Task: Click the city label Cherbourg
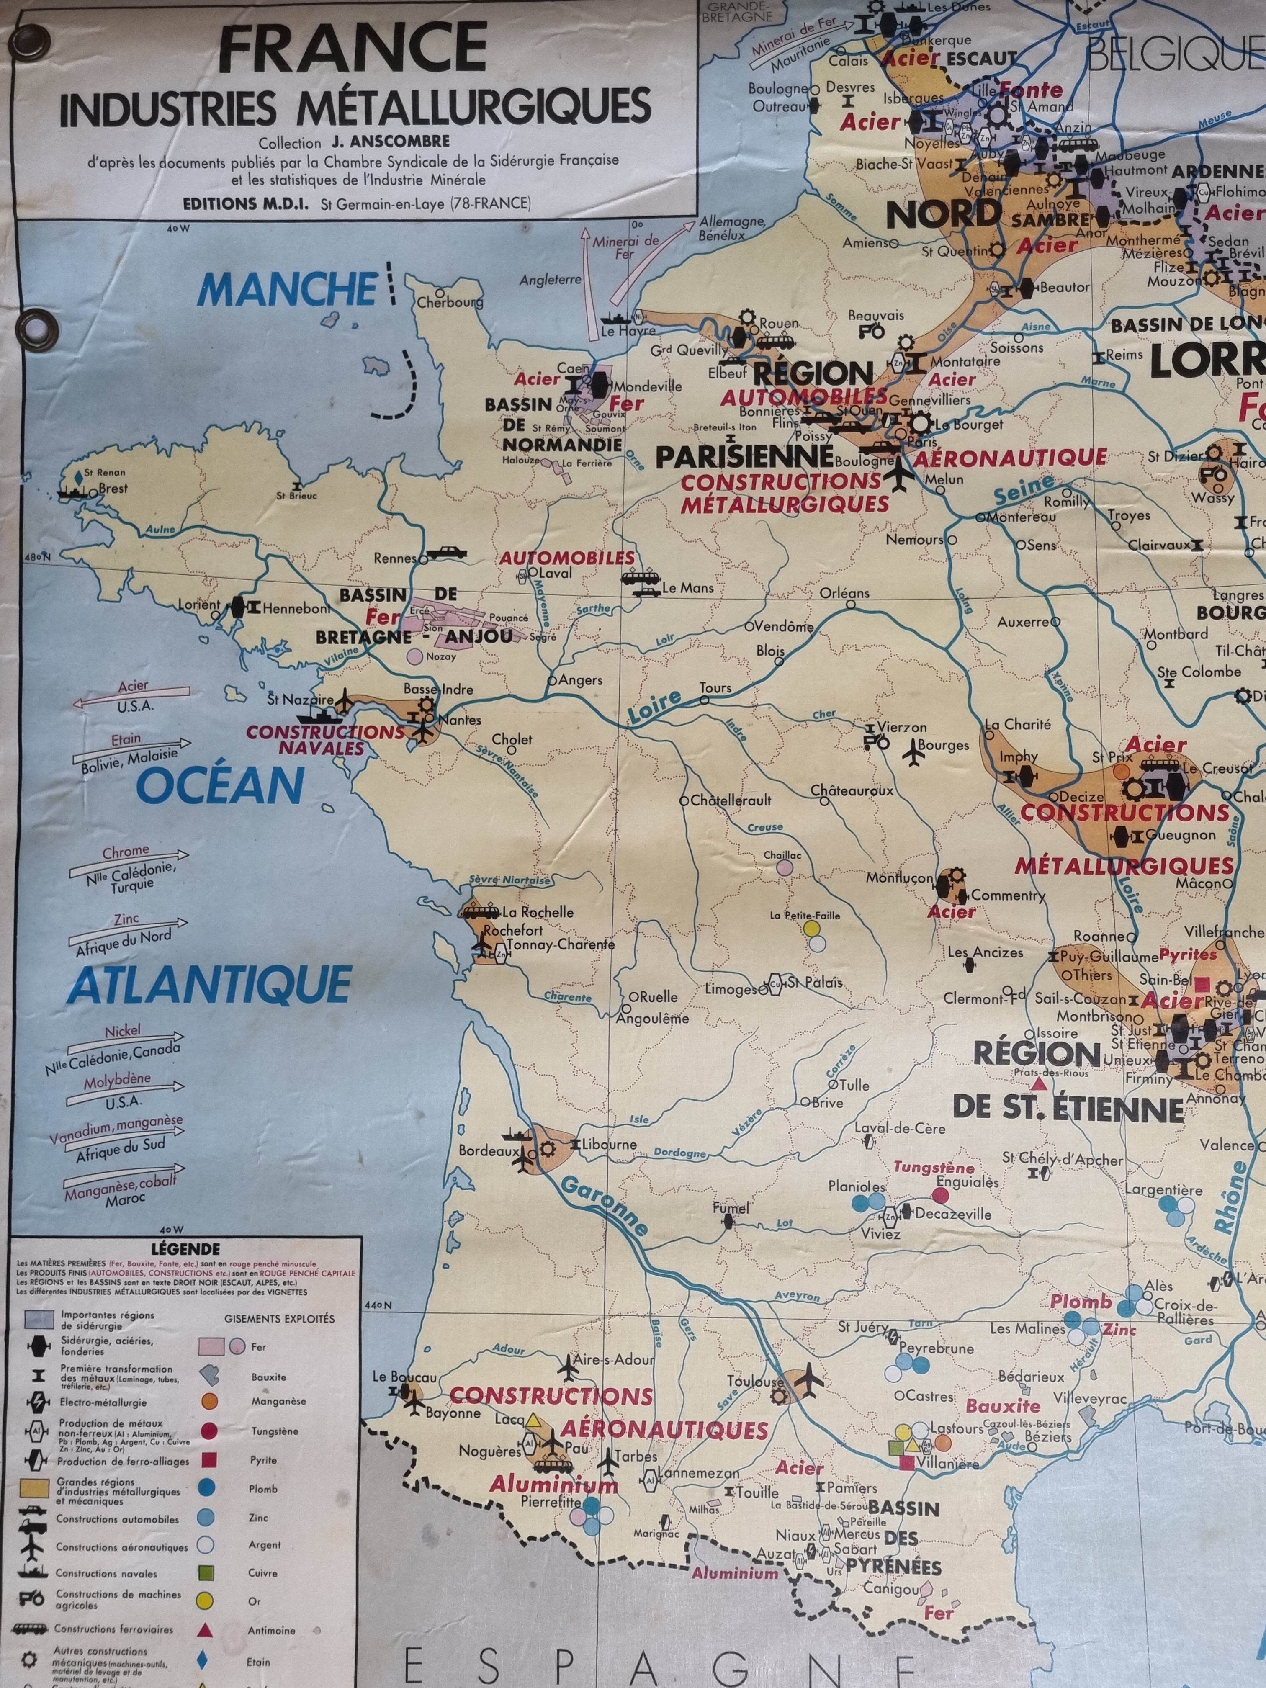(x=450, y=302)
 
